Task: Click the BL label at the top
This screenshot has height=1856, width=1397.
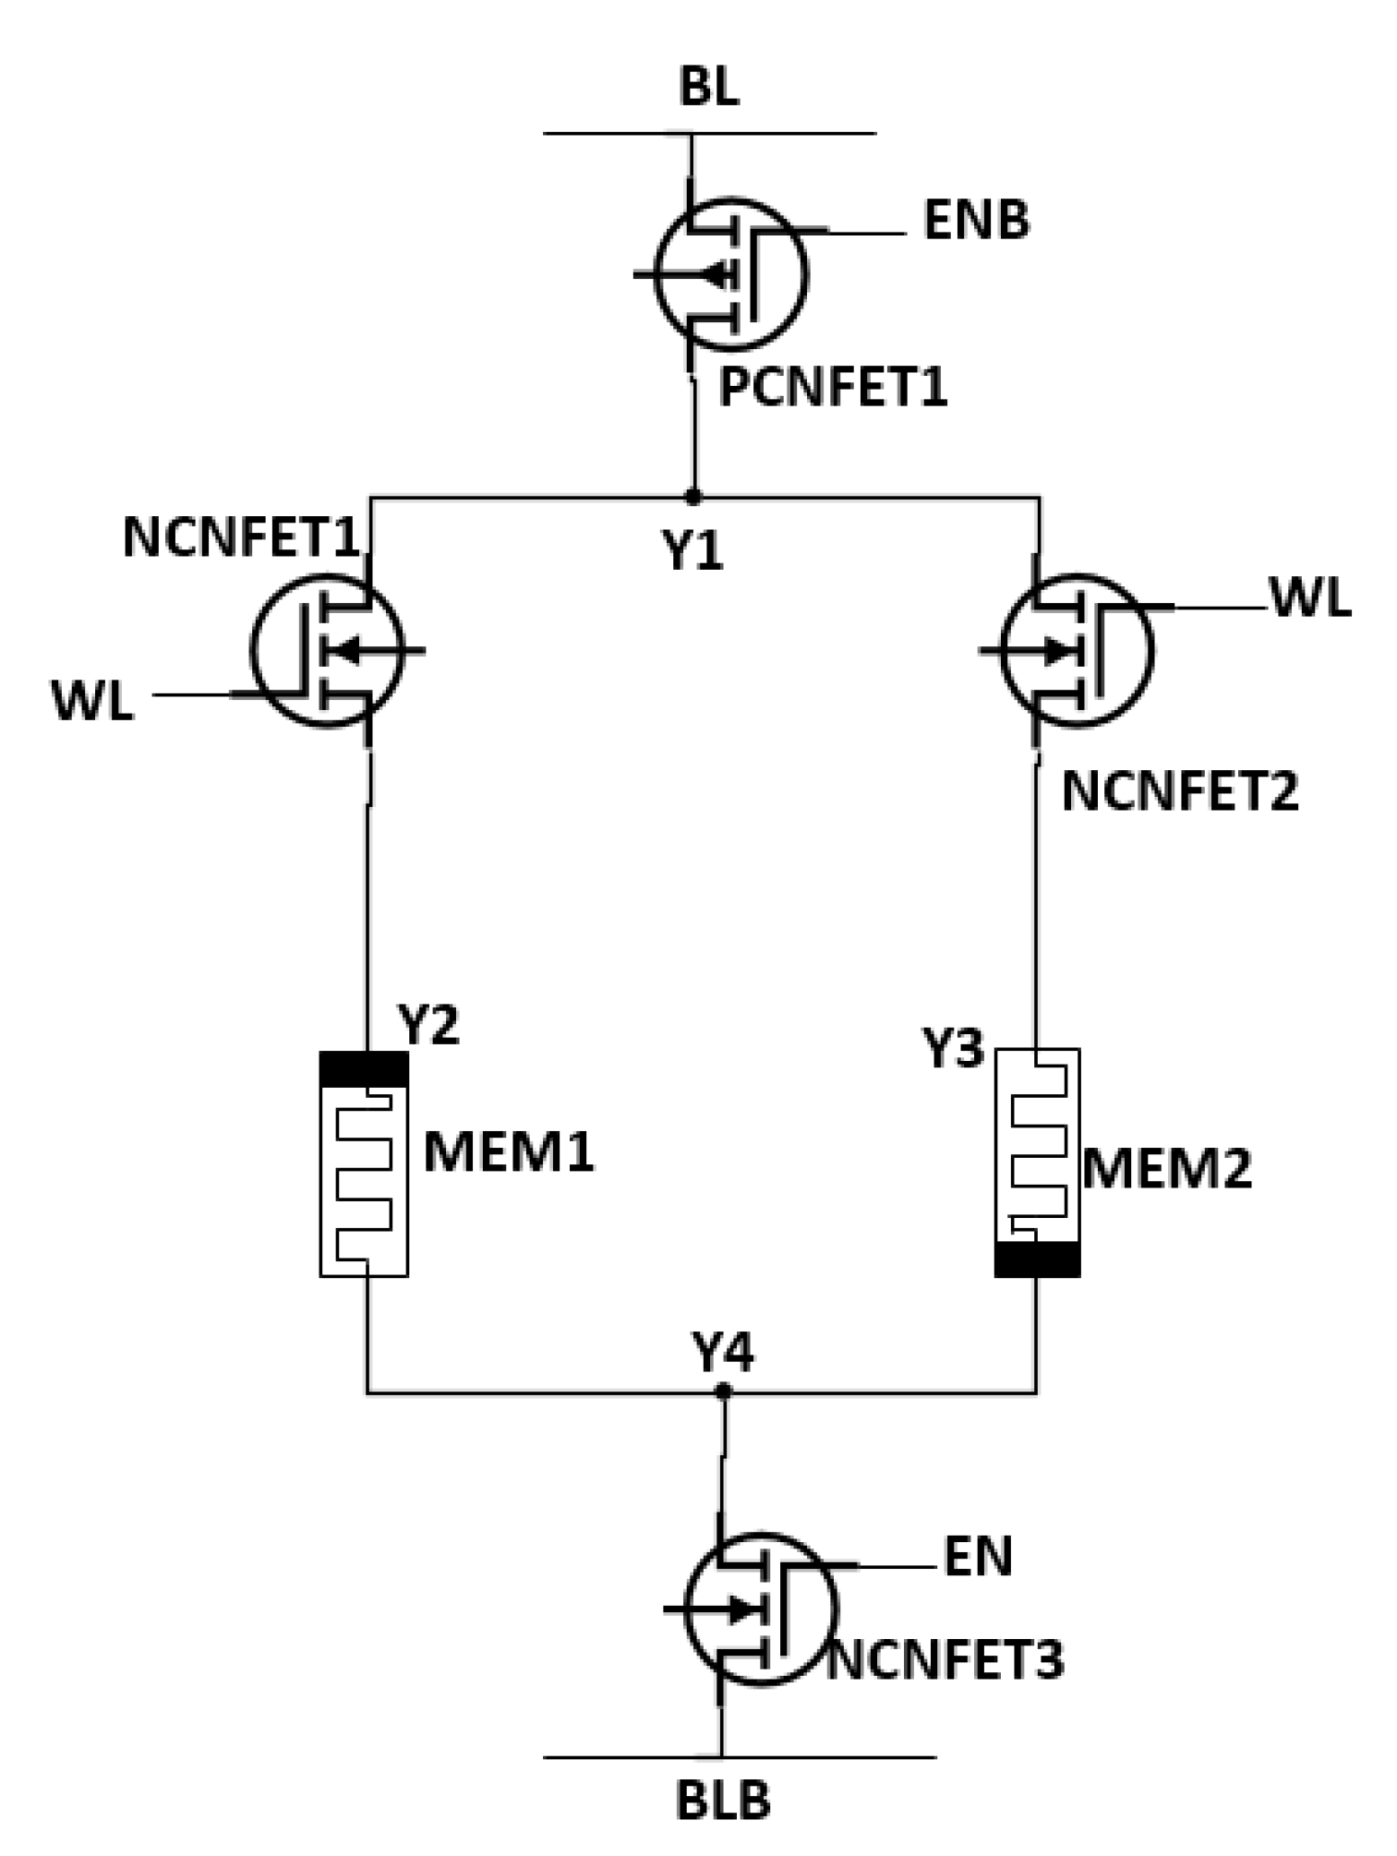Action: (x=708, y=89)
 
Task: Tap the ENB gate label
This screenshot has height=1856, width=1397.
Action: (x=976, y=222)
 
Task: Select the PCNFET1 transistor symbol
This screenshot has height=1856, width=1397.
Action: (x=730, y=274)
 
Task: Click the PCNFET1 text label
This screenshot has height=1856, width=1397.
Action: (x=833, y=387)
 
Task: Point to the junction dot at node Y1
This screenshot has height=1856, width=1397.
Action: (x=693, y=497)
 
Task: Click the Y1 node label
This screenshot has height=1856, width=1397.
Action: (x=692, y=551)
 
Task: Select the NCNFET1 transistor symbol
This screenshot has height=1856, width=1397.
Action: (x=328, y=650)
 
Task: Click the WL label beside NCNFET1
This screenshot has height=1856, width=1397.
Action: (x=92, y=702)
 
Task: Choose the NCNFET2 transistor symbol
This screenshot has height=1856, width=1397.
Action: (x=1077, y=650)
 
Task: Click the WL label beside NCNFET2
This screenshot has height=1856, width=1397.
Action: (x=1310, y=598)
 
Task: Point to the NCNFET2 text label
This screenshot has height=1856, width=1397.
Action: (x=1179, y=791)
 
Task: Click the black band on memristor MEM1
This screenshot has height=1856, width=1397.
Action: (x=364, y=1069)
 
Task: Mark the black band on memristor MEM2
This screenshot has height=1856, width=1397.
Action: (x=1037, y=1259)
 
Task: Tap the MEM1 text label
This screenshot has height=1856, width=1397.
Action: (x=509, y=1151)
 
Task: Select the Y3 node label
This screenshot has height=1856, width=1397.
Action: (x=953, y=1049)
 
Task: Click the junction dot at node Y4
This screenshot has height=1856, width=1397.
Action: (x=723, y=1391)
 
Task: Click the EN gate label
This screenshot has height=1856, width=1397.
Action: (x=978, y=1557)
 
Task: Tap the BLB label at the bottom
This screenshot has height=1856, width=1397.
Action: (x=723, y=1802)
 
